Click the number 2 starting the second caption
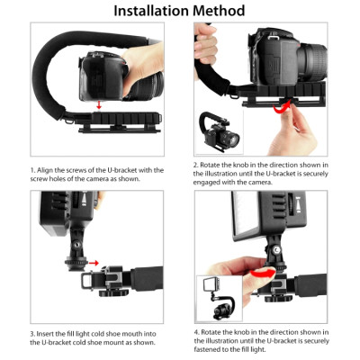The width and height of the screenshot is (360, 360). click(194, 166)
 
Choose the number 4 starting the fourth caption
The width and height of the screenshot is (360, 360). click(194, 331)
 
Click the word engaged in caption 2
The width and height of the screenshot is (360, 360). click(213, 184)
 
